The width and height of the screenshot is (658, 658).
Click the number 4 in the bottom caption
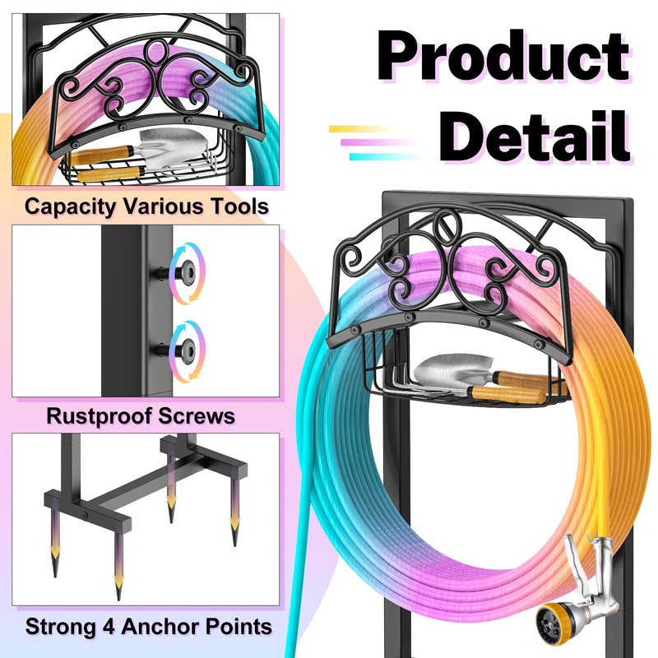tap(105, 627)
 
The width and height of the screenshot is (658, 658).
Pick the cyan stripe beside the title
tap(374, 156)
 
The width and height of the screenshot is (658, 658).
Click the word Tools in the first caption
tap(239, 206)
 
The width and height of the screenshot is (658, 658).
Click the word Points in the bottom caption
tap(239, 627)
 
